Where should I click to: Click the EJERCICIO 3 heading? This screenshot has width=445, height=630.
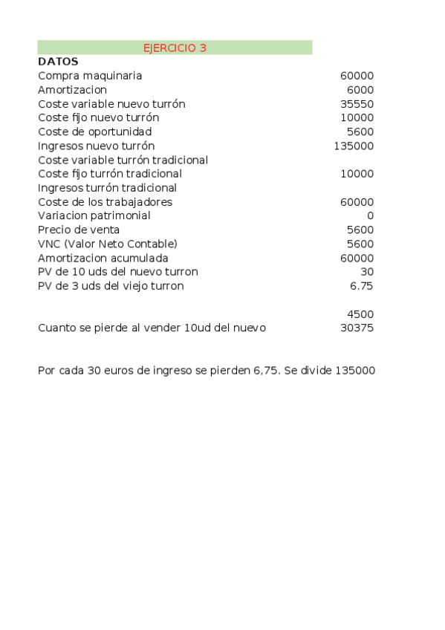pyautogui.click(x=175, y=48)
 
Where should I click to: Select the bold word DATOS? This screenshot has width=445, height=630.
pyautogui.click(x=58, y=62)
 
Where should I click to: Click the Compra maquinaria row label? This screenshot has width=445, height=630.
pyautogui.click(x=90, y=76)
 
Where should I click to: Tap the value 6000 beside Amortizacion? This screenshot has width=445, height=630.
pyautogui.click(x=360, y=90)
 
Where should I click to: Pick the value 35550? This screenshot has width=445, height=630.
pyautogui.click(x=357, y=104)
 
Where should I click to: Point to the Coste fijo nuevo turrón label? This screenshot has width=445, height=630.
pyautogui.click(x=98, y=117)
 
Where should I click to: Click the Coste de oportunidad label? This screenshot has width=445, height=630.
pyautogui.click(x=94, y=131)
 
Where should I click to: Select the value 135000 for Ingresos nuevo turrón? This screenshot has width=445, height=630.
pyautogui.click(x=354, y=146)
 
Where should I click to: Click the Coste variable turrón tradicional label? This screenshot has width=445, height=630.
pyautogui.click(x=123, y=160)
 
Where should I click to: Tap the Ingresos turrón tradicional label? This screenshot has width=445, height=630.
pyautogui.click(x=107, y=188)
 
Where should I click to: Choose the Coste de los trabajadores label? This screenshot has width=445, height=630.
pyautogui.click(x=105, y=202)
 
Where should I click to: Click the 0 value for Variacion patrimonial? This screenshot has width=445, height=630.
pyautogui.click(x=370, y=215)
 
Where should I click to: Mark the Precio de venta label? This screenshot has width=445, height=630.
pyautogui.click(x=79, y=230)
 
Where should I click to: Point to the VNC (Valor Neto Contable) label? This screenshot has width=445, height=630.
pyautogui.click(x=108, y=244)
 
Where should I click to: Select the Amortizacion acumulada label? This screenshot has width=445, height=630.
pyautogui.click(x=103, y=258)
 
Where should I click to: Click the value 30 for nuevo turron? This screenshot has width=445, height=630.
pyautogui.click(x=367, y=272)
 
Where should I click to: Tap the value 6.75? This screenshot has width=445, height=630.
pyautogui.click(x=362, y=286)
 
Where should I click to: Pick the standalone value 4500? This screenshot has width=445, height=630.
pyautogui.click(x=360, y=314)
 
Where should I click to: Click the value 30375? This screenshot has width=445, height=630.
pyautogui.click(x=357, y=328)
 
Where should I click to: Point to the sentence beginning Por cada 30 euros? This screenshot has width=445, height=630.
pyautogui.click(x=206, y=370)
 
